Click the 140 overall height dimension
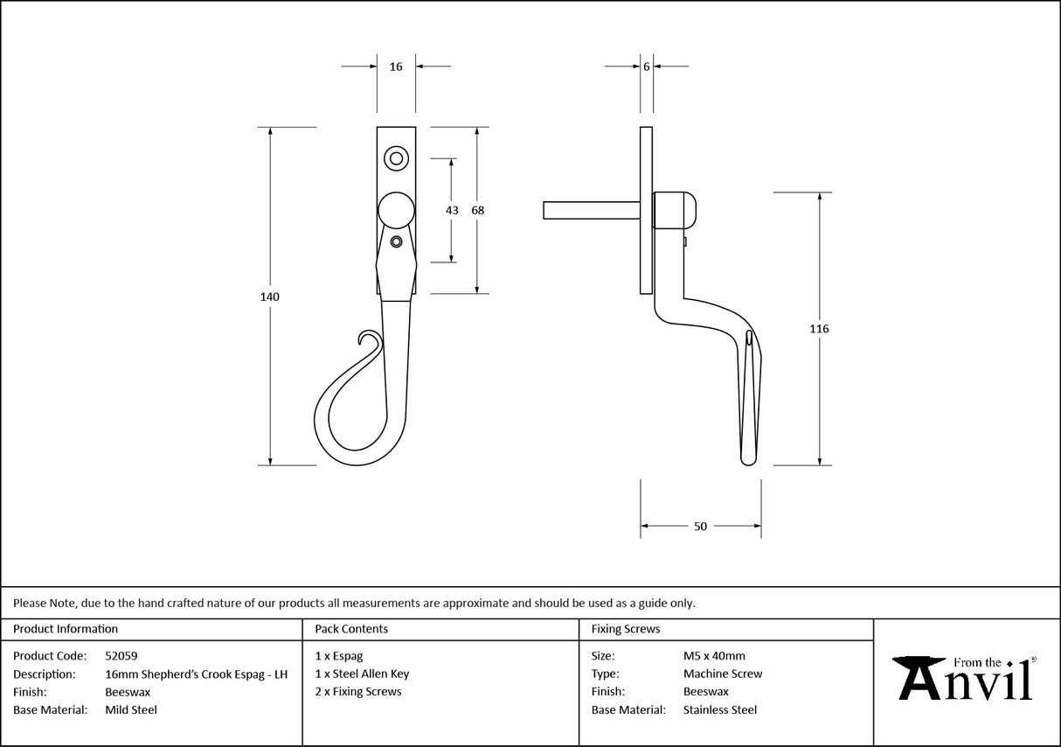tap(270, 297)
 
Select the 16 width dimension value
tap(396, 66)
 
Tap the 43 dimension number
tap(452, 210)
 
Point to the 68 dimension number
tap(477, 210)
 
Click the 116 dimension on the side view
tap(819, 329)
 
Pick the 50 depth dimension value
tap(700, 527)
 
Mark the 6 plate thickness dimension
tap(646, 66)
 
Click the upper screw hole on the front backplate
tap(396, 158)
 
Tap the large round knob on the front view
tap(396, 211)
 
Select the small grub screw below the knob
tap(397, 241)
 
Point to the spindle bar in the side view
tap(591, 211)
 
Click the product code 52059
tap(121, 655)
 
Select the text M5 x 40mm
tap(714, 655)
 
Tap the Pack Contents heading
tap(351, 629)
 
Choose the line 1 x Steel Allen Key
tap(362, 674)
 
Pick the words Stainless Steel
tap(720, 710)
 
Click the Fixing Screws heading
tap(626, 629)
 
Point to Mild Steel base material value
tap(131, 710)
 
